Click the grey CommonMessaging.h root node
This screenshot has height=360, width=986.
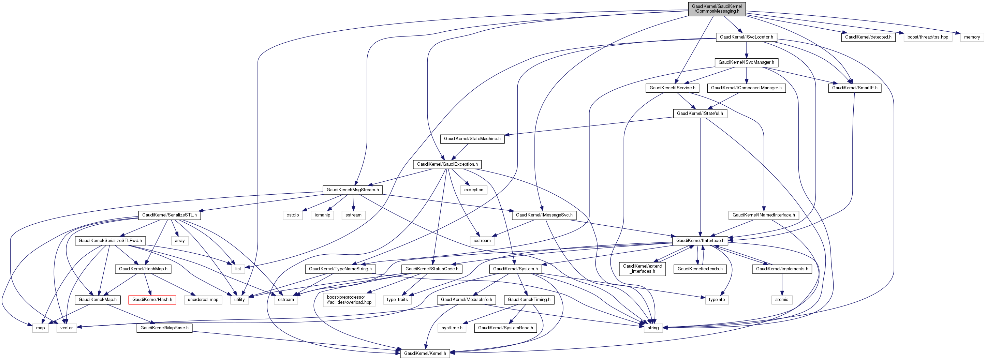pyautogui.click(x=717, y=9)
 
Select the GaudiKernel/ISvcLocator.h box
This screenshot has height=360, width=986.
pyautogui.click(x=746, y=37)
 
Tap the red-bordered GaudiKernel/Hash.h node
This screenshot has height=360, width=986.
pyautogui.click(x=152, y=300)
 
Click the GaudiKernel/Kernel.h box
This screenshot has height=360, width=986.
pyautogui.click(x=425, y=353)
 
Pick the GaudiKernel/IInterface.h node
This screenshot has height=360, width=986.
pyautogui.click(x=700, y=241)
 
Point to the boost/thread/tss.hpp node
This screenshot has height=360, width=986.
pyautogui.click(x=928, y=37)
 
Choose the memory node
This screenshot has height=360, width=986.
pyautogui.click(x=972, y=37)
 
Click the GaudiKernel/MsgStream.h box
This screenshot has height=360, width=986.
pyautogui.click(x=353, y=190)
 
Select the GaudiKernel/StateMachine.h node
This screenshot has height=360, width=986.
pyautogui.click(x=472, y=139)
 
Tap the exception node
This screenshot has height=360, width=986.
pyautogui.click(x=473, y=190)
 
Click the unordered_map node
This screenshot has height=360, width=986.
pyautogui.click(x=203, y=300)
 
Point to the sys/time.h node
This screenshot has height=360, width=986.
pyautogui.click(x=452, y=328)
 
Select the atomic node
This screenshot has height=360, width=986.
pyautogui.click(x=782, y=300)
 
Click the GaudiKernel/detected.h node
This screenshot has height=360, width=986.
pyautogui.click(x=868, y=37)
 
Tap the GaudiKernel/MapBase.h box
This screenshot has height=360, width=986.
pyautogui.click(x=164, y=328)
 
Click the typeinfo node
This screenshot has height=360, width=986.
pyautogui.click(x=717, y=300)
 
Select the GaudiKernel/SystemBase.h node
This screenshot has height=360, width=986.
pyautogui.click(x=505, y=328)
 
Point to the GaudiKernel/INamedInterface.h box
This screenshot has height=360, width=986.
pyautogui.click(x=763, y=215)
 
